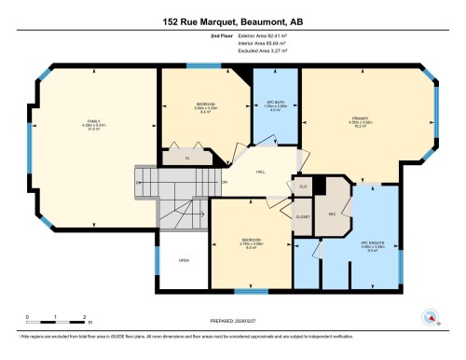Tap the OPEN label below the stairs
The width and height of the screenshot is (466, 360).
184,260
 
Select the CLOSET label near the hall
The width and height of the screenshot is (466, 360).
303,216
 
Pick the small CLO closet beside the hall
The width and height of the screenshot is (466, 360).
303,187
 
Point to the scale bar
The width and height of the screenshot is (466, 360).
56,316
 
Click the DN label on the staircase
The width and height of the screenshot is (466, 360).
139,182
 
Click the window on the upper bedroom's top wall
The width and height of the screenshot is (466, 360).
198,65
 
